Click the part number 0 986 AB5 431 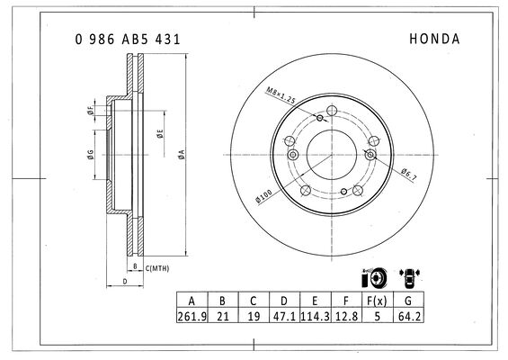128,40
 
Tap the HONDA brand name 434,39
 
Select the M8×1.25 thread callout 281,95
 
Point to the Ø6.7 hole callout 409,175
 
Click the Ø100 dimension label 263,196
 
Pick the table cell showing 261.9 192,316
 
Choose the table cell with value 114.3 315,316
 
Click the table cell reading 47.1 284,316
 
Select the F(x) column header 377,301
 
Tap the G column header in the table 408,301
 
